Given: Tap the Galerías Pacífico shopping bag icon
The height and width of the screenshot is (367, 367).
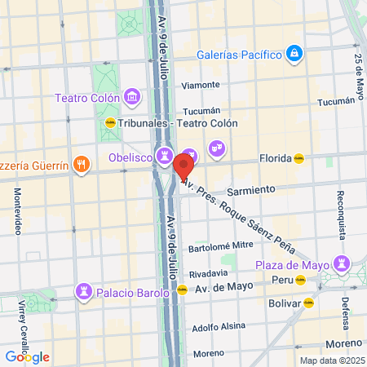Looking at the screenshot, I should tap(294, 55).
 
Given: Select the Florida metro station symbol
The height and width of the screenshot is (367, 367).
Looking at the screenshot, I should tap(299, 159).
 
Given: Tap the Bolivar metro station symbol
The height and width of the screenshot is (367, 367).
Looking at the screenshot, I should tap(308, 303).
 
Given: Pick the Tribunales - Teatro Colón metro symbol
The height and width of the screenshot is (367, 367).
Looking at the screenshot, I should tap(110, 124).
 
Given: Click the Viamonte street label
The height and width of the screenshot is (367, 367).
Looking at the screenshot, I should tap(201, 84).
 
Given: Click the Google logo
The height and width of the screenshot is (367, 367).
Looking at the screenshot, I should tap(27, 356).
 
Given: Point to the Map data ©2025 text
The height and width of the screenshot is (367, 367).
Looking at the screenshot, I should tap(330, 360).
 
